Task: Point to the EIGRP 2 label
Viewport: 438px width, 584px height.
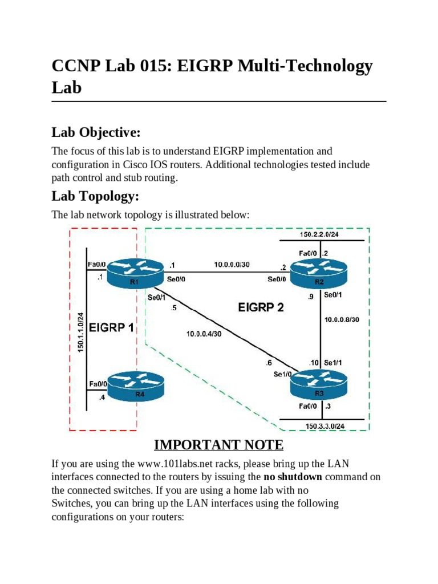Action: [261, 308]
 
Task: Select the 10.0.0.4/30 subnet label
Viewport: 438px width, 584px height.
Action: [204, 334]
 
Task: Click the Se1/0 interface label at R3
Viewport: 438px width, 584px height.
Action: [282, 375]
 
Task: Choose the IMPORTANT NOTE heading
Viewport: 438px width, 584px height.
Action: [218, 444]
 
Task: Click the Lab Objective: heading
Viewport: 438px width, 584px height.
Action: [96, 133]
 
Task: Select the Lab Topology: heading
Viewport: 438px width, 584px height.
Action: [94, 196]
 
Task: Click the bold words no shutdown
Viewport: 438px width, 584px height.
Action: [293, 476]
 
